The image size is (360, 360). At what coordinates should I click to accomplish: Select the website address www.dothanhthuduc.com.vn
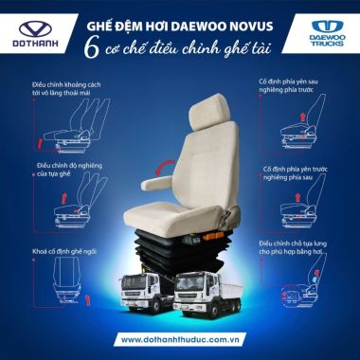point(181,337)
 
